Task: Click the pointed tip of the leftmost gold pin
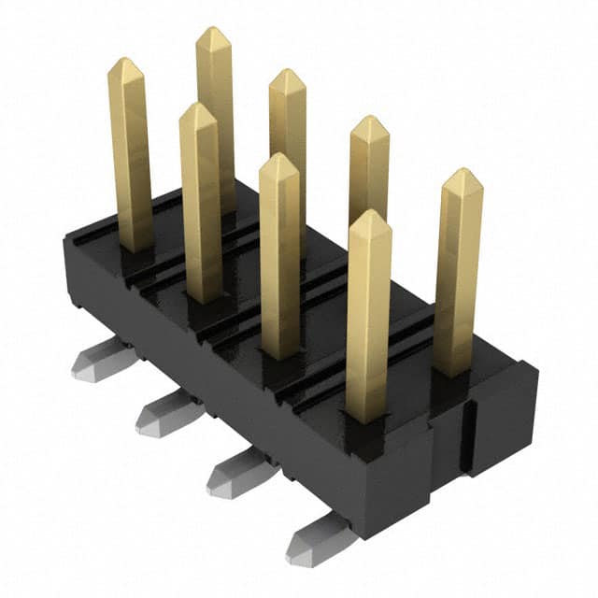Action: (x=125, y=63)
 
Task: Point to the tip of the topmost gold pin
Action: (x=213, y=31)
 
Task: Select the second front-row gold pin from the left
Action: (x=199, y=206)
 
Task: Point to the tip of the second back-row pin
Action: (x=286, y=74)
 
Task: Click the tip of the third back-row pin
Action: (x=368, y=120)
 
